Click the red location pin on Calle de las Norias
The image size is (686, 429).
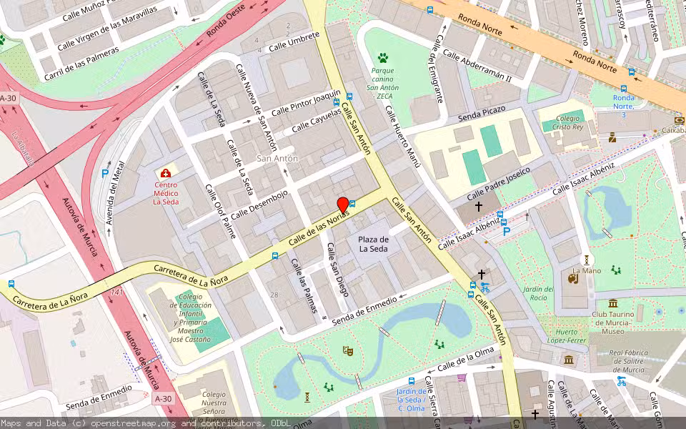(x=342, y=206)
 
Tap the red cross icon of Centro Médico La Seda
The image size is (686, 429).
(x=166, y=174)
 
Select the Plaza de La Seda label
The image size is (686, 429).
(x=373, y=244)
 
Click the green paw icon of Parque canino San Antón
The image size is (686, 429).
(x=383, y=57)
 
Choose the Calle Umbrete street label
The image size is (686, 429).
(x=294, y=42)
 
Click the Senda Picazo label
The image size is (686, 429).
(x=482, y=112)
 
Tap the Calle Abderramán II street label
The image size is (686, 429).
(x=477, y=65)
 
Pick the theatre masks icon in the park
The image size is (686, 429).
(x=348, y=350)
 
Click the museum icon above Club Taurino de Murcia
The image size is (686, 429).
(x=613, y=303)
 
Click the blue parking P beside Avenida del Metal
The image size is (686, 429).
(x=105, y=173)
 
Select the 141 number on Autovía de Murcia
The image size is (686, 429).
(x=117, y=293)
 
